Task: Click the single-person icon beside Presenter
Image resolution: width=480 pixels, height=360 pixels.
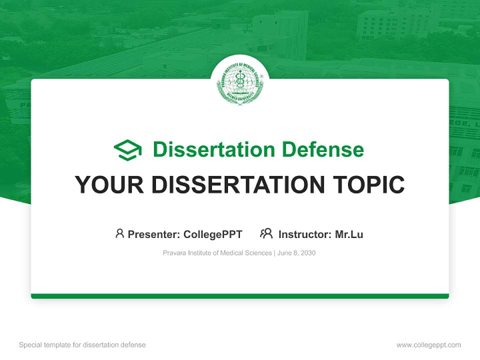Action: coord(119,233)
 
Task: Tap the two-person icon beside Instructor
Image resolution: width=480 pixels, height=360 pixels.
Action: coord(266,233)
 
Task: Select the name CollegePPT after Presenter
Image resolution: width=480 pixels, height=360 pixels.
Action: coord(212,234)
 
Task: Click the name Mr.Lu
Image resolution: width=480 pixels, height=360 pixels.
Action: coord(349,234)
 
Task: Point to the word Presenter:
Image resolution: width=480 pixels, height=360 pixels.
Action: coord(154,234)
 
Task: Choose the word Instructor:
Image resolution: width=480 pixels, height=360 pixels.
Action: coord(304,234)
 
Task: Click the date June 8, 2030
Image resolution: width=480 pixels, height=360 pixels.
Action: coord(296,253)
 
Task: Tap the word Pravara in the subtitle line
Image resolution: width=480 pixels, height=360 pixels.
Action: coord(173,253)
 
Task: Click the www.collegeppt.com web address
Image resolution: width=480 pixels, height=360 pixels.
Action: coord(428,345)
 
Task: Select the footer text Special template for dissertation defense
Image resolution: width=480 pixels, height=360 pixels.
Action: coord(82,345)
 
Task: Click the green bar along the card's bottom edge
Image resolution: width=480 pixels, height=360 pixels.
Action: coord(239,296)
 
